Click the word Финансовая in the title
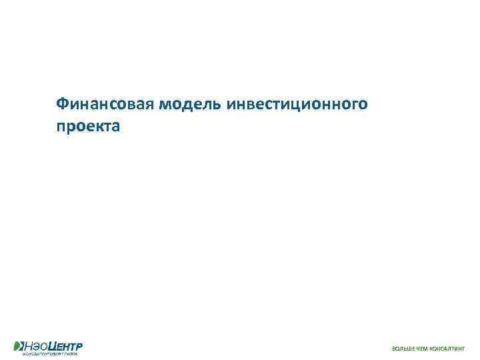click(x=105, y=105)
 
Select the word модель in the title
click(x=190, y=105)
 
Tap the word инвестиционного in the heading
click(x=297, y=105)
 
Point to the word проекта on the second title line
click(x=89, y=126)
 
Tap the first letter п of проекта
click(x=61, y=127)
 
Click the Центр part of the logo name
click(x=65, y=345)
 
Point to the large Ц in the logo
click(x=51, y=345)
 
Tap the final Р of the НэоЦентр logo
click(x=80, y=345)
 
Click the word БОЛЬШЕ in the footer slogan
click(x=402, y=349)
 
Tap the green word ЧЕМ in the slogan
click(x=421, y=349)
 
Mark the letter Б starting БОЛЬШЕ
click(x=393, y=349)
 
